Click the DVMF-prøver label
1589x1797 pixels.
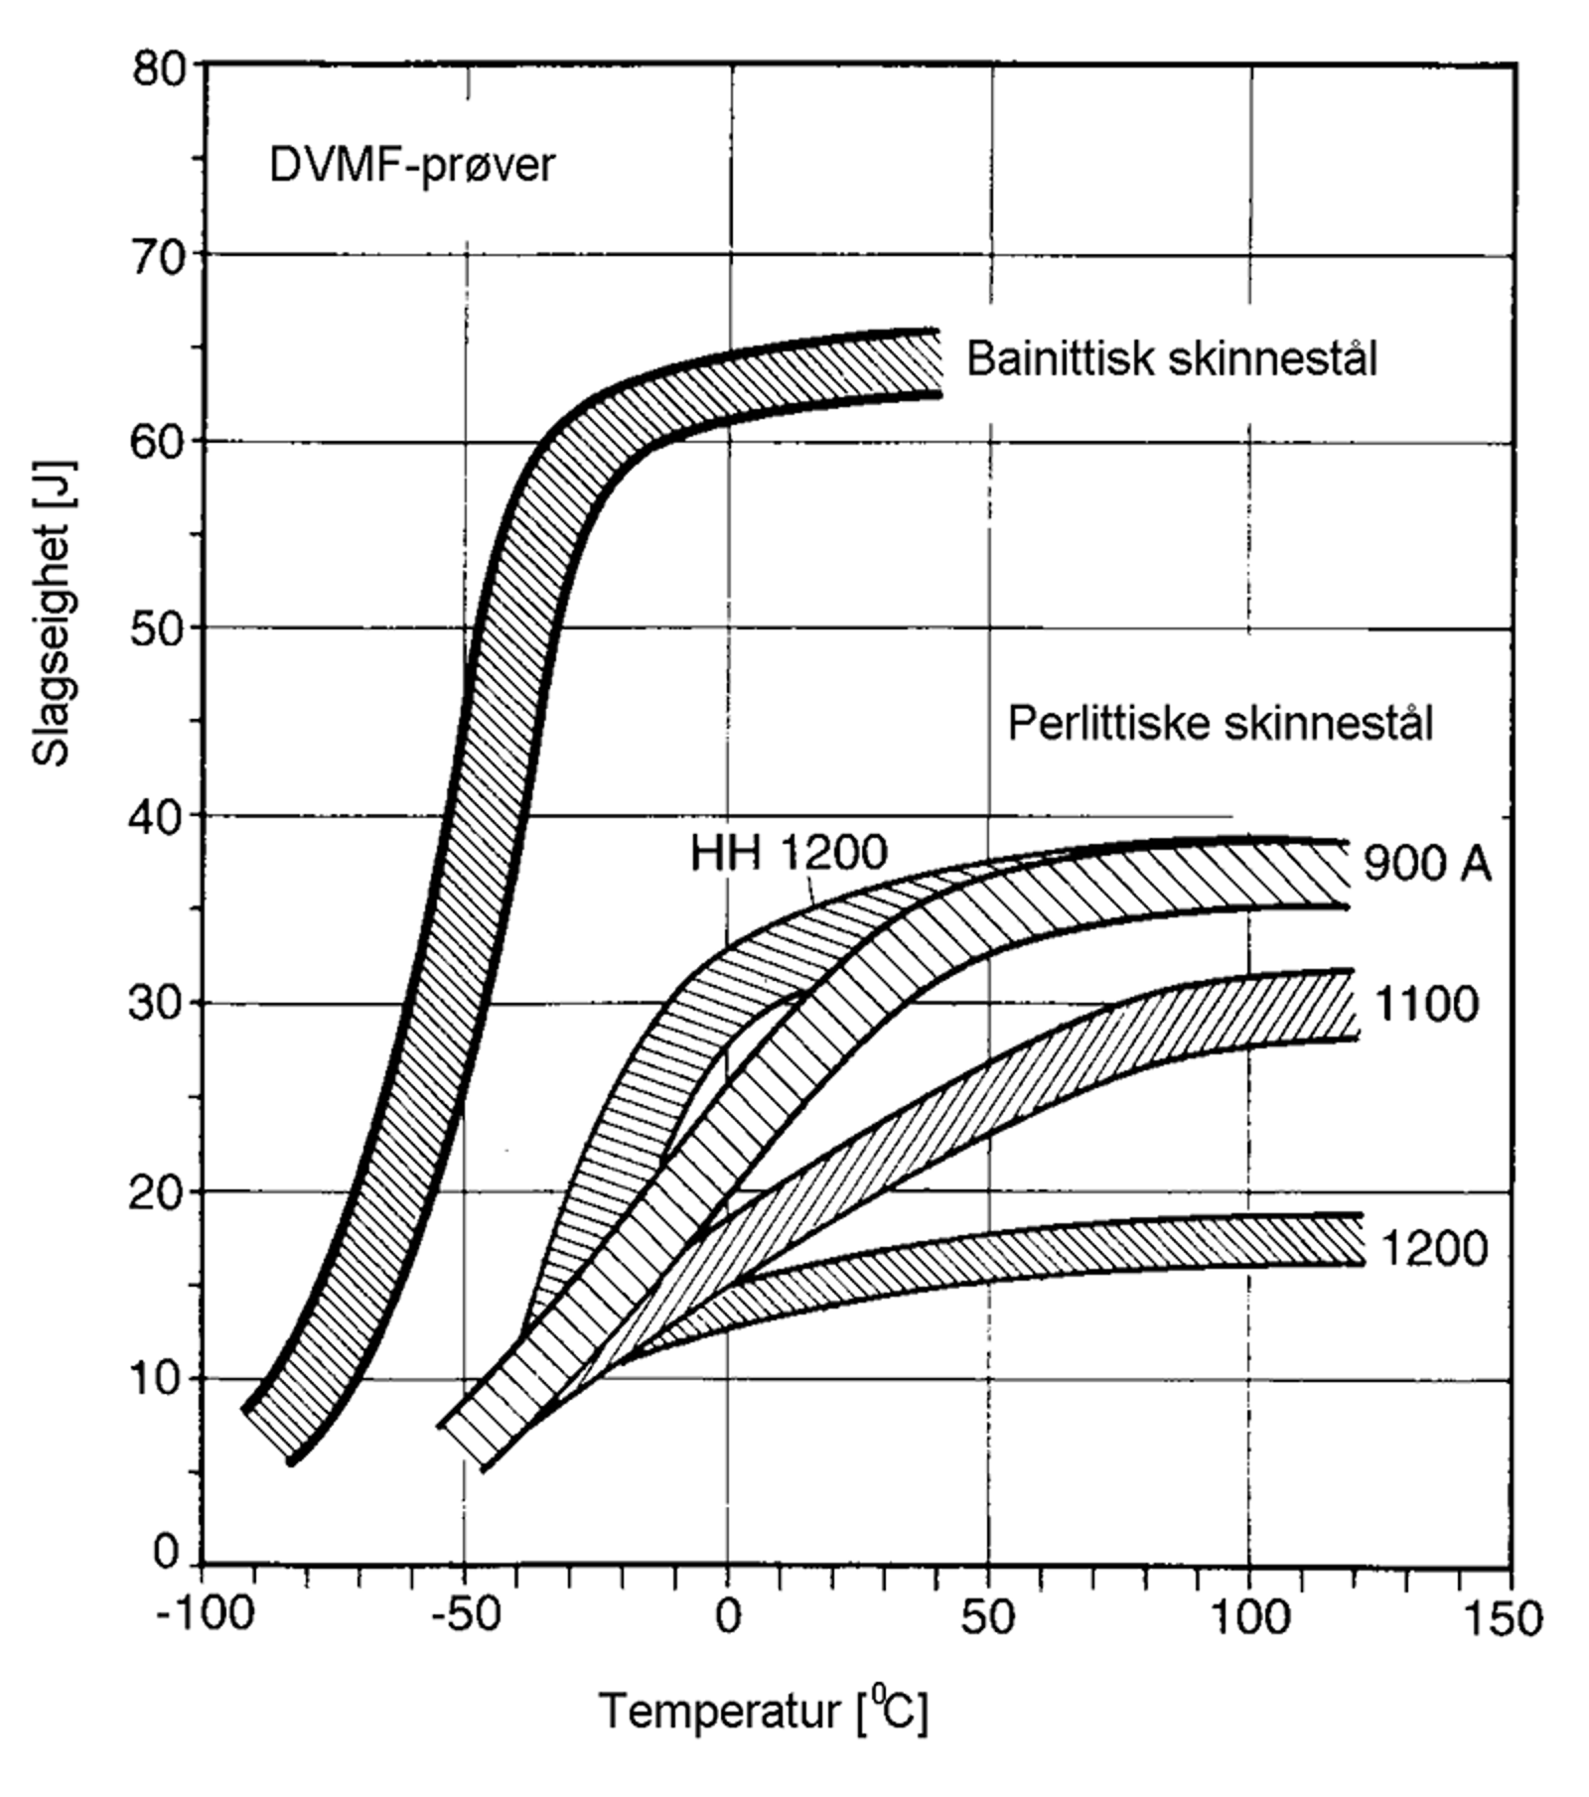pos(411,165)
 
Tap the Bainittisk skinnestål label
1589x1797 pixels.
pos(1172,358)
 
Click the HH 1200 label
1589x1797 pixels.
pos(789,852)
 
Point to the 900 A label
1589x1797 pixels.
pos(1426,864)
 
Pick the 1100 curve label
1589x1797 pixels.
pos(1426,1005)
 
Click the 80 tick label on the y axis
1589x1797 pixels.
pos(158,69)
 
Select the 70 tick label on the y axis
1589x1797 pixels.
pos(158,258)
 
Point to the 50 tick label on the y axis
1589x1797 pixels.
pos(158,629)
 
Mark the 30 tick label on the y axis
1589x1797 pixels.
pos(158,1003)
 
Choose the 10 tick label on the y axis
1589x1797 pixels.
pos(158,1377)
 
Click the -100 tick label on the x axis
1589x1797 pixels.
pos(205,1617)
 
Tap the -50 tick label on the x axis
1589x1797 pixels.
pos(467,1617)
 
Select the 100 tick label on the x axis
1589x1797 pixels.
pos(1250,1617)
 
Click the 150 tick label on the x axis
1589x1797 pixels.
pos(1510,1617)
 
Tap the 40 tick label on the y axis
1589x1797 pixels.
pos(158,816)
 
